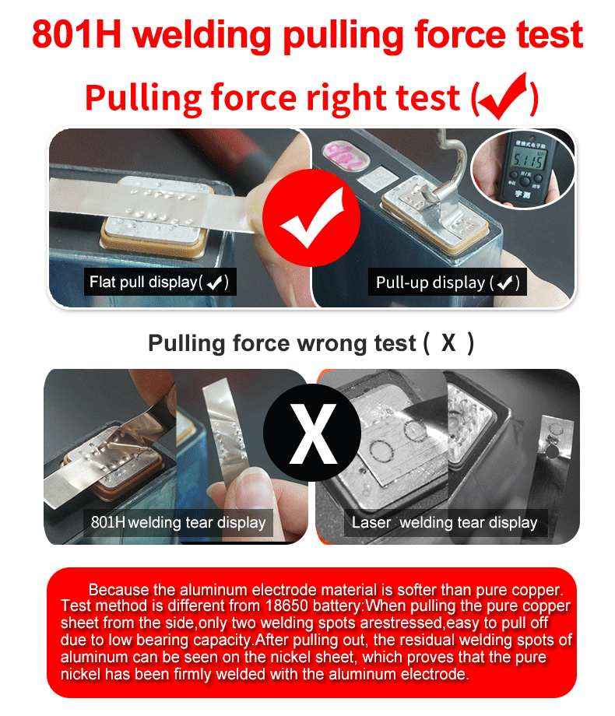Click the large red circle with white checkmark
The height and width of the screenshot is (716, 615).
(x=311, y=218)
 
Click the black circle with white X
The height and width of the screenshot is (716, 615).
(x=312, y=433)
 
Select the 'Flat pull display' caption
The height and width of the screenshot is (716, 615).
(x=160, y=282)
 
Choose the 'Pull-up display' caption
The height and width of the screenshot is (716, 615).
(x=448, y=283)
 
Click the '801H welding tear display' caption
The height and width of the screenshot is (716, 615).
(x=178, y=522)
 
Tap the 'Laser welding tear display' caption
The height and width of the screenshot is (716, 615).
(x=445, y=522)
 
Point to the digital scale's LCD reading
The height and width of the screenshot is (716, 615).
(x=529, y=160)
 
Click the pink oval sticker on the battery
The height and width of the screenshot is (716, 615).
(x=346, y=156)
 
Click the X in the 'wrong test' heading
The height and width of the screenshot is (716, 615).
(x=448, y=342)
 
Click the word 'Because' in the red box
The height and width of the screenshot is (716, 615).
(x=118, y=589)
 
